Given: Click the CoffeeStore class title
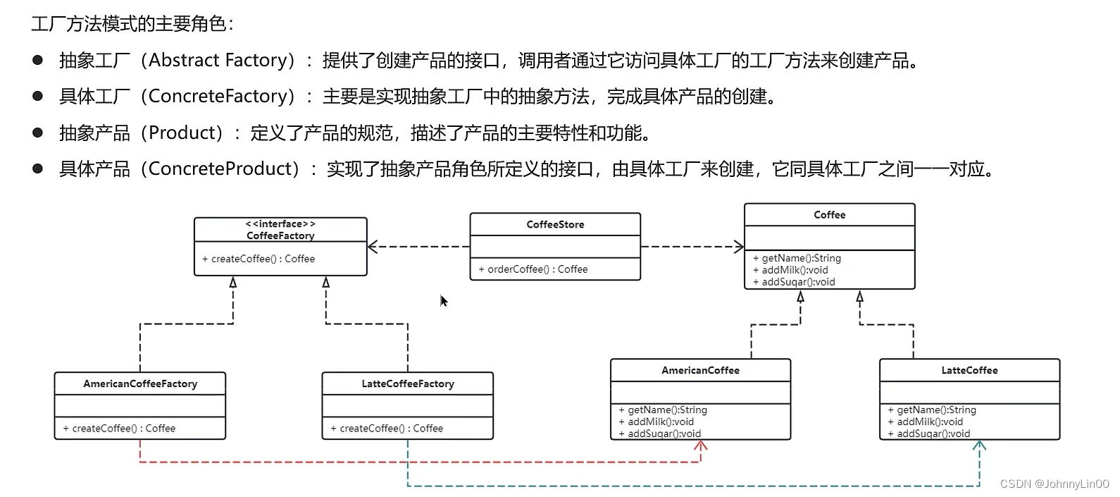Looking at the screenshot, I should click(555, 224).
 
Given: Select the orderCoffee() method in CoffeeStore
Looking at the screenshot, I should click(533, 269).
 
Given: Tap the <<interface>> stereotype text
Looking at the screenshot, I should click(280, 223).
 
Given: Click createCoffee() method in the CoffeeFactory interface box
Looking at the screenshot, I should click(259, 259).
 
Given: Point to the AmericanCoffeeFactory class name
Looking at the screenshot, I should click(140, 384).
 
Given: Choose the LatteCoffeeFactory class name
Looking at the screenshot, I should click(408, 384).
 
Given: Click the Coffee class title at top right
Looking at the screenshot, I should click(829, 215).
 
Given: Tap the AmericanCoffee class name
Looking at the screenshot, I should click(700, 370).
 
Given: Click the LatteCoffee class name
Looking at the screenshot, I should click(969, 370).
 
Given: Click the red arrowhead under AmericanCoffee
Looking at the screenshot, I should click(701, 446).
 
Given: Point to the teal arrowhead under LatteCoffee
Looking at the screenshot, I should click(979, 446).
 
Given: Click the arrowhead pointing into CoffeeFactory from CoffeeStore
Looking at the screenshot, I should click(373, 247).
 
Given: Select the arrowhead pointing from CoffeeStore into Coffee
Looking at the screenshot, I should click(739, 247).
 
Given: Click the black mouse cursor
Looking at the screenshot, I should click(444, 302).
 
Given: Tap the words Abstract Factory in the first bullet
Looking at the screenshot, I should click(218, 61).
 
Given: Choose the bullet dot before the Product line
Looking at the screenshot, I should click(38, 133).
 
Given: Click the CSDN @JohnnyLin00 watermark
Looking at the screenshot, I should click(1054, 484).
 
